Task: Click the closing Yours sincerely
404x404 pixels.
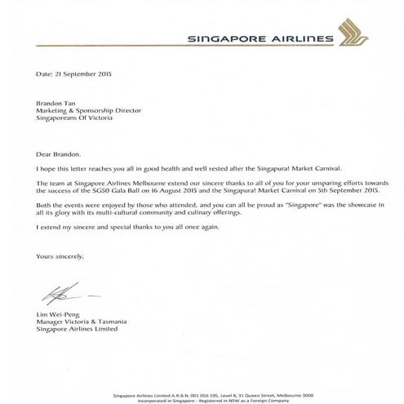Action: (60, 256)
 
